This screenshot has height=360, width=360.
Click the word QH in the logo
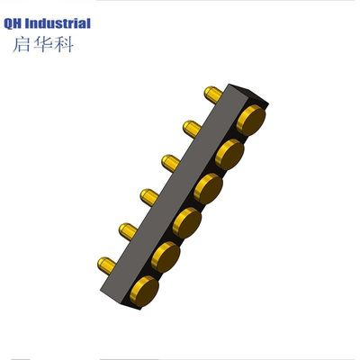click(13, 23)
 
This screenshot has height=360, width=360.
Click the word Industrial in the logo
click(58, 23)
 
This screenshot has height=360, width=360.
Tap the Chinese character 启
click(22, 44)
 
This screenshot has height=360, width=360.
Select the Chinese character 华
click(42, 44)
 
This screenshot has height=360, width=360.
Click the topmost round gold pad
click(251, 120)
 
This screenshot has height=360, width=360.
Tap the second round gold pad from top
click(229, 155)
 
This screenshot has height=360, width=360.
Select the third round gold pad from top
click(208, 189)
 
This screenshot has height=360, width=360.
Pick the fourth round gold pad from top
click(187, 223)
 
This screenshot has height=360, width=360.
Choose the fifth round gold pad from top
click(166, 257)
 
